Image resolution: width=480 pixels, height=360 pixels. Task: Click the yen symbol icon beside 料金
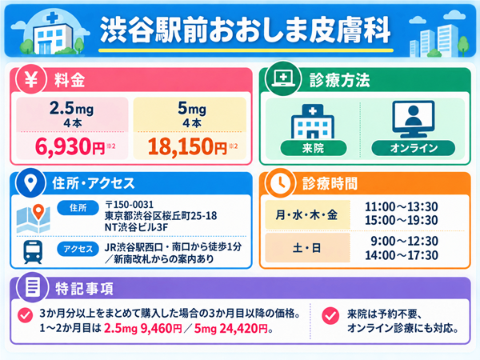[31, 79]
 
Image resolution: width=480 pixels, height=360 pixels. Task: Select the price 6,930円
[70, 146]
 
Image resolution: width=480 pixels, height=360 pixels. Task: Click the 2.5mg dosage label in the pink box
[72, 108]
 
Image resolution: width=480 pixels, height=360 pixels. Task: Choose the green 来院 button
[314, 148]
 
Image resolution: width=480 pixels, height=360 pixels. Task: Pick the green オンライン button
[414, 148]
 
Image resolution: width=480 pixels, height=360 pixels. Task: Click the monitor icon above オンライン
[414, 119]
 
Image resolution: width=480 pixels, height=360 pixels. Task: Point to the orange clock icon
[280, 183]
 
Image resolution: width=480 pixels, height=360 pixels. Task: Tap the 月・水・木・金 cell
[307, 215]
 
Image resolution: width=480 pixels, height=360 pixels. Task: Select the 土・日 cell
[307, 248]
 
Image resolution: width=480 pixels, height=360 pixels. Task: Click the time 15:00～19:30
[402, 221]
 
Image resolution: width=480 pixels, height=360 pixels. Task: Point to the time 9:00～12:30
[404, 242]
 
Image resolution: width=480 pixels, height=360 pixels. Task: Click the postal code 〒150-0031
[129, 205]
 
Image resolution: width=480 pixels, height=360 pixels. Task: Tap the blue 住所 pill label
[78, 208]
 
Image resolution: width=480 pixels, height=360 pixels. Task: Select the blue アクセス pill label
[78, 249]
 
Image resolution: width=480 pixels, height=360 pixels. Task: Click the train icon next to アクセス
[33, 252]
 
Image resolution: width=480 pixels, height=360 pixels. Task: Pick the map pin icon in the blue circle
[30, 182]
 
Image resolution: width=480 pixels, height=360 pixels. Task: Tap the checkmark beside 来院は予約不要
[330, 316]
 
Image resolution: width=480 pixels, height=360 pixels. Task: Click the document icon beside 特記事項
[33, 287]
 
